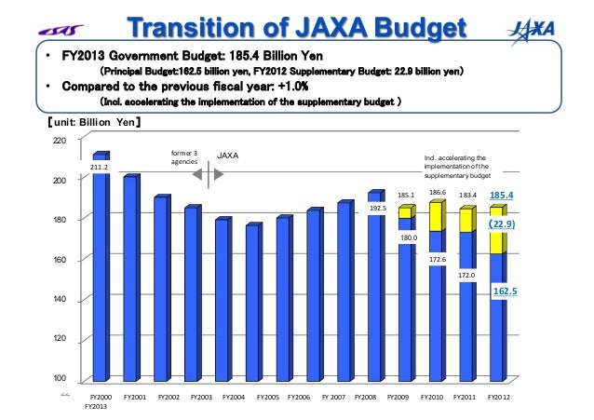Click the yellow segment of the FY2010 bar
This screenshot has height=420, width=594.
[435, 216]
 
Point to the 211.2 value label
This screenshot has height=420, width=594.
[99, 168]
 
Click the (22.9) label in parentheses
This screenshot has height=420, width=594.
[502, 224]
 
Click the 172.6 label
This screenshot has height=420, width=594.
[438, 259]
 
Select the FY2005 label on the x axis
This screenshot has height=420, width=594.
[266, 397]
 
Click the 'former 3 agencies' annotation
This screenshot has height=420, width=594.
[184, 157]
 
